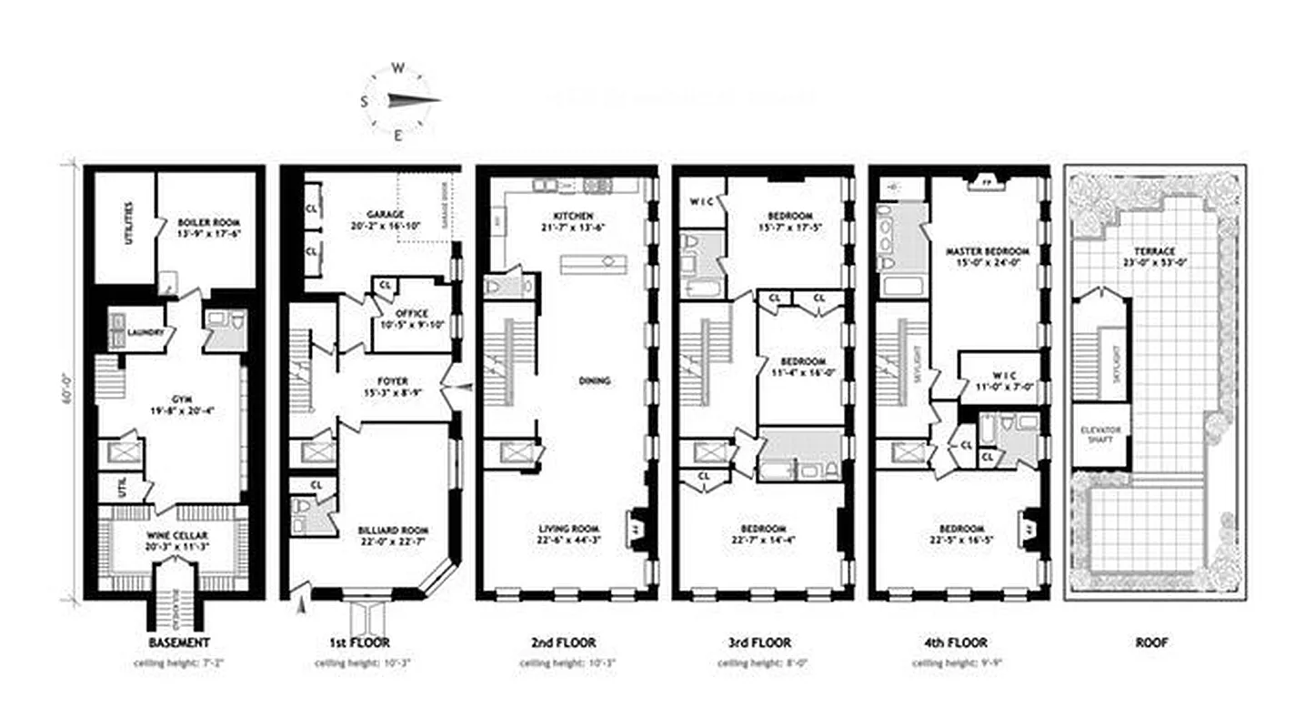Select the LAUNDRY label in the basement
click(145, 333)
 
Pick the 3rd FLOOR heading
click(762, 642)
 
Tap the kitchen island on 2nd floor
click(593, 264)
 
